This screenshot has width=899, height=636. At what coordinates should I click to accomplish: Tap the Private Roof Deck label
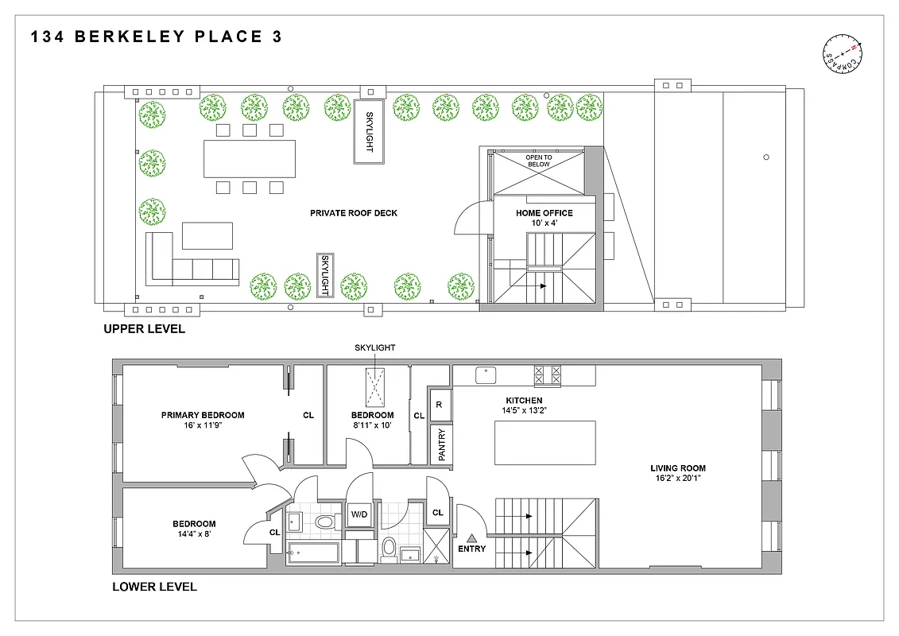354,213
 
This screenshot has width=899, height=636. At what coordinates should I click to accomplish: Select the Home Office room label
544,213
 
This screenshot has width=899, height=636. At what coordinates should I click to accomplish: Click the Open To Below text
539,161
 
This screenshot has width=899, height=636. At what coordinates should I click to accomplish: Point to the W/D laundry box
360,514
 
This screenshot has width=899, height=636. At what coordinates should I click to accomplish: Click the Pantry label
440,444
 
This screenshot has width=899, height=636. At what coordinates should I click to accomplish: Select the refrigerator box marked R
440,405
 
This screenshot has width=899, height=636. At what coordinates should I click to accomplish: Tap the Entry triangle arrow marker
471,537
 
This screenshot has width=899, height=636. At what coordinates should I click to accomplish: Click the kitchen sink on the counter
486,374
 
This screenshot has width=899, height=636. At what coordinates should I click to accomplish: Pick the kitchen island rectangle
544,443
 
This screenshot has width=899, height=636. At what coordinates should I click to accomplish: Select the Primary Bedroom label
203,415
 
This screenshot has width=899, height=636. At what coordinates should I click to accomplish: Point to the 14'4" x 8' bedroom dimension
195,535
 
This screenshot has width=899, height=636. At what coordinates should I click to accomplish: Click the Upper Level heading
144,329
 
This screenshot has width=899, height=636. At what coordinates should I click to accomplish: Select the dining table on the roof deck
250,158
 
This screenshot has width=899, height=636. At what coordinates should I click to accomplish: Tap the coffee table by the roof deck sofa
207,236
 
